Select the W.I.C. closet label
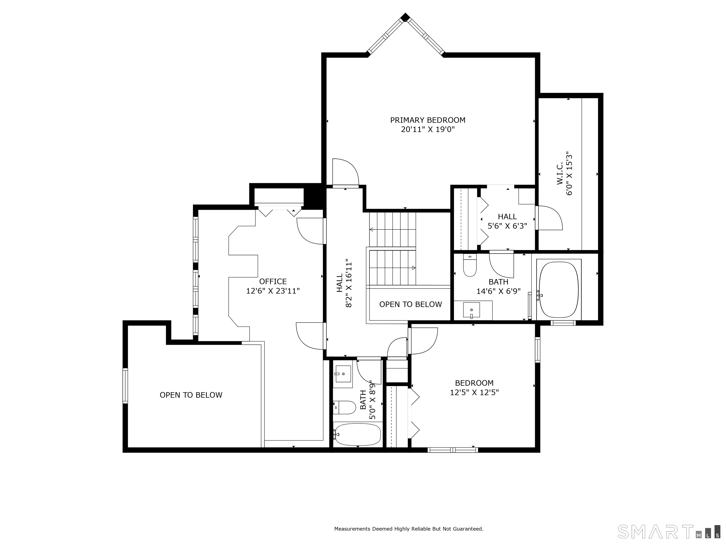click(560, 173)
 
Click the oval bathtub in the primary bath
click(559, 289)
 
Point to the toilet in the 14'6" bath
click(470, 266)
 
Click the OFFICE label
click(273, 281)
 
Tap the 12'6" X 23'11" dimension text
click(273, 291)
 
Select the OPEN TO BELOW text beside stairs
click(410, 304)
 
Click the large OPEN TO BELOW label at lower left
click(191, 395)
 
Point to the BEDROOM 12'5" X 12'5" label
click(474, 388)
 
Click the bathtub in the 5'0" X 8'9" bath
click(357, 434)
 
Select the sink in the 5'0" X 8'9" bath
click(343, 374)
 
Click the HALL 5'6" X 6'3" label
click(507, 221)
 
